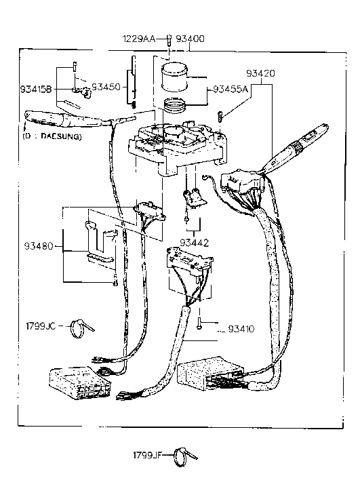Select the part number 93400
(190, 39)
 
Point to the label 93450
(105, 87)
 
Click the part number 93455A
(231, 89)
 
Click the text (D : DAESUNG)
(51, 136)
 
